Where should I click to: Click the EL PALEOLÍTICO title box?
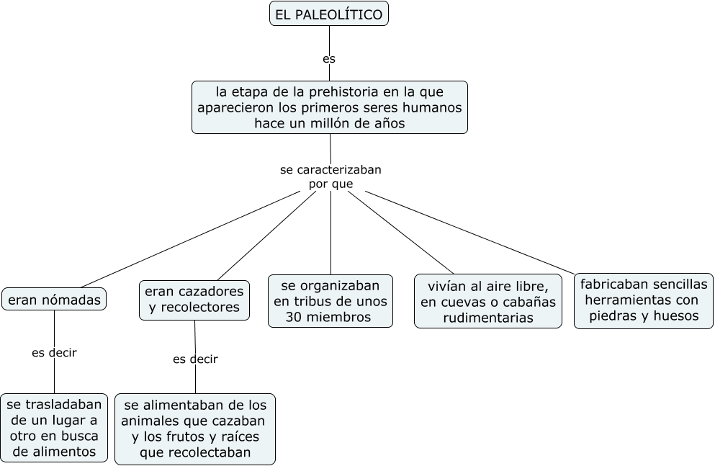(329, 14)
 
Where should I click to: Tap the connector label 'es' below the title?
(329, 59)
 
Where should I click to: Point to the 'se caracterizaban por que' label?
(330, 177)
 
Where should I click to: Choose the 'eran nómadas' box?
(54, 300)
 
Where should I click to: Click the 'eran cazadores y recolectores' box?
(194, 300)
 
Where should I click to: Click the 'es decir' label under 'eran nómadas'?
(54, 353)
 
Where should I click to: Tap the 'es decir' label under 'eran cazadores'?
(195, 359)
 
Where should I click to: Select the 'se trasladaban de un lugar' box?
(55, 428)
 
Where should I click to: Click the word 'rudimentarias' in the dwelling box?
(488, 318)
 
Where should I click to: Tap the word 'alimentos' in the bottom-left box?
(55, 452)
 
